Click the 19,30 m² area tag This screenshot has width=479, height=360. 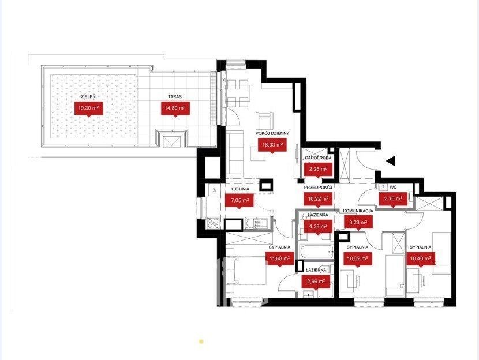point(89,108)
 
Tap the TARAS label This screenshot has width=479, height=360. point(175,96)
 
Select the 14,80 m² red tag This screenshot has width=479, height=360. point(175,108)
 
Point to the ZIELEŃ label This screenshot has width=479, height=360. point(88,96)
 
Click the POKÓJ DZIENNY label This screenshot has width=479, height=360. point(272,133)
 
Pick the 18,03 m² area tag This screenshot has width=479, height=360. point(272,145)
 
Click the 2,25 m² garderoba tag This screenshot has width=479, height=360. point(319,169)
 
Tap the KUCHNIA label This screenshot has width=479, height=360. point(240,189)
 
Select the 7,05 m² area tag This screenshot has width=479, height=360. point(239,201)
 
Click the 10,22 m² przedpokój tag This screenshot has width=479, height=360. point(318,198)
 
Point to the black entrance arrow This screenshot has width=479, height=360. point(391,161)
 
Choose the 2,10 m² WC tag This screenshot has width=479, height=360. point(393,198)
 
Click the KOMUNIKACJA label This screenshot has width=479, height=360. point(358,211)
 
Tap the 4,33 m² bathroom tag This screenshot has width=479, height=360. point(319,227)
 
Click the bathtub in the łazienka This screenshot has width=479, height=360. point(316,252)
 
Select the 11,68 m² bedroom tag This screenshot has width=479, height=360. point(279,258)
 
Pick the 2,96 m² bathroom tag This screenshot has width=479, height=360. point(316,282)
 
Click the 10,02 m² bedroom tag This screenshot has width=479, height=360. point(358,258)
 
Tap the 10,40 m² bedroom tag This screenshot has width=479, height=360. point(420,258)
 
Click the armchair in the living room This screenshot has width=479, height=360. point(264,121)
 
